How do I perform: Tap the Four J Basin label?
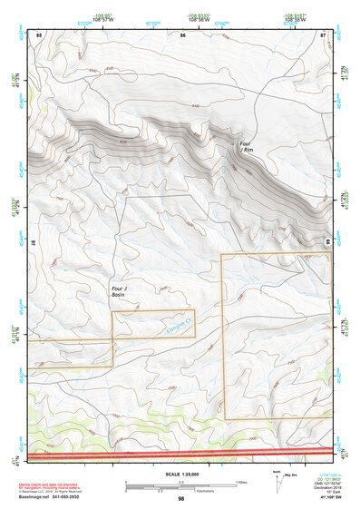click(x=112, y=292)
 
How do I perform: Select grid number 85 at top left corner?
click(x=39, y=34)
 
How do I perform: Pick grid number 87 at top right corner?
click(x=322, y=34)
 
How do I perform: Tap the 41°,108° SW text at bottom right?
click(x=321, y=499)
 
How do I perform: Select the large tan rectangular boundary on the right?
click(x=276, y=336)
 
